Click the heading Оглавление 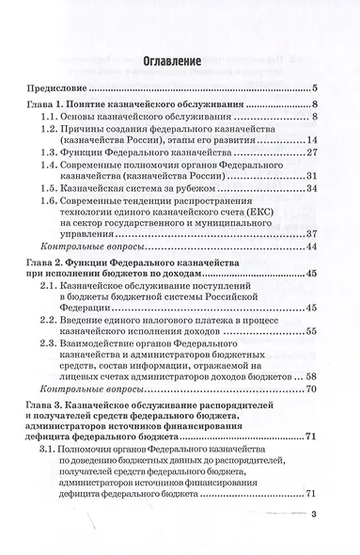[180, 63]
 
